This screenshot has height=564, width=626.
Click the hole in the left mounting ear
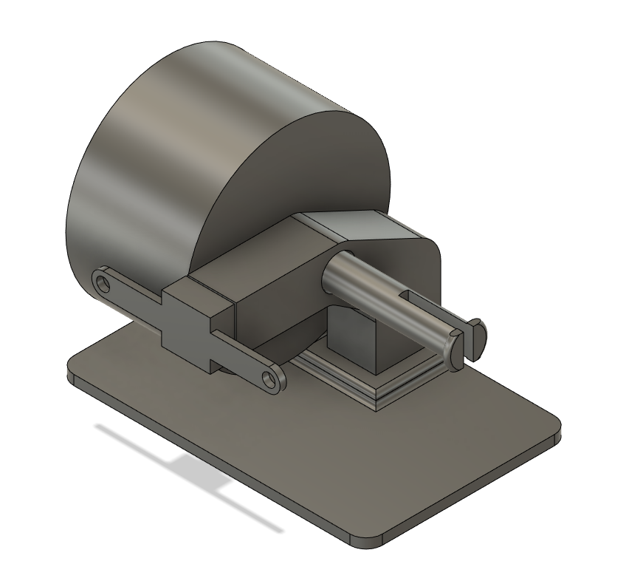pyautogui.click(x=102, y=282)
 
